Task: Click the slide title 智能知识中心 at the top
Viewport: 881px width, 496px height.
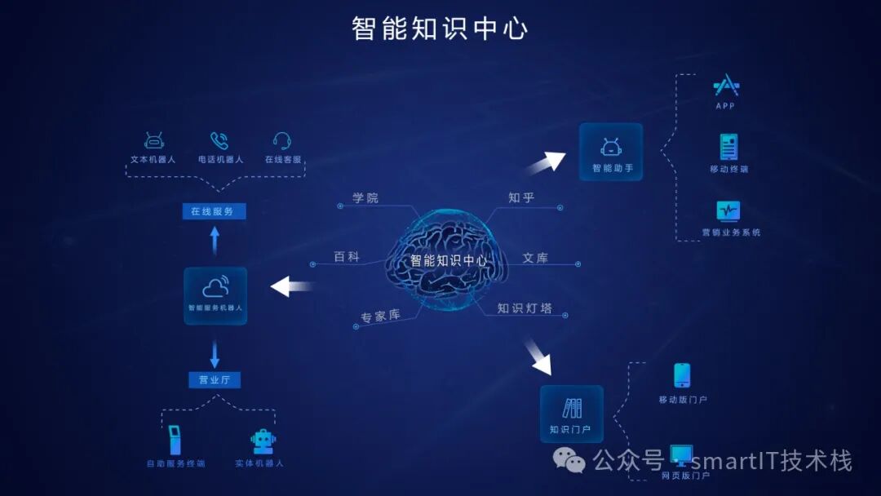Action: [440, 28]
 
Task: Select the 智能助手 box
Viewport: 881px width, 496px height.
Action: [611, 152]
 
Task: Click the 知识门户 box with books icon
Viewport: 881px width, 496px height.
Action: [571, 414]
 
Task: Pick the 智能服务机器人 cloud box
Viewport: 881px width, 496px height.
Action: [215, 294]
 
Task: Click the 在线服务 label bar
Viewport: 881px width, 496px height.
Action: [214, 211]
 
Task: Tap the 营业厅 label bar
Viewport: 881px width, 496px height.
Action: [215, 379]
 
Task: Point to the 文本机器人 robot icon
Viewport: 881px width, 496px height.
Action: [153, 140]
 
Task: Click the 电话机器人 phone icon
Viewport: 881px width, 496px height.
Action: [219, 140]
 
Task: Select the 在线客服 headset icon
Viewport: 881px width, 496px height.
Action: [282, 140]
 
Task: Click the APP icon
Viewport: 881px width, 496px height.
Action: [725, 85]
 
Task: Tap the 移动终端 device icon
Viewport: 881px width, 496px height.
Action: [728, 147]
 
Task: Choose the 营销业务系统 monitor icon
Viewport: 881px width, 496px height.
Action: [728, 210]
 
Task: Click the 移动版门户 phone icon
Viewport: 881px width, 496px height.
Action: [682, 375]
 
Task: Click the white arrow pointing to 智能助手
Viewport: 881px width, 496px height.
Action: [547, 162]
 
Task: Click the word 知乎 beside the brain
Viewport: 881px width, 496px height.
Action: [521, 197]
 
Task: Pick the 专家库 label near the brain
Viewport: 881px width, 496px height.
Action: [380, 316]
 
